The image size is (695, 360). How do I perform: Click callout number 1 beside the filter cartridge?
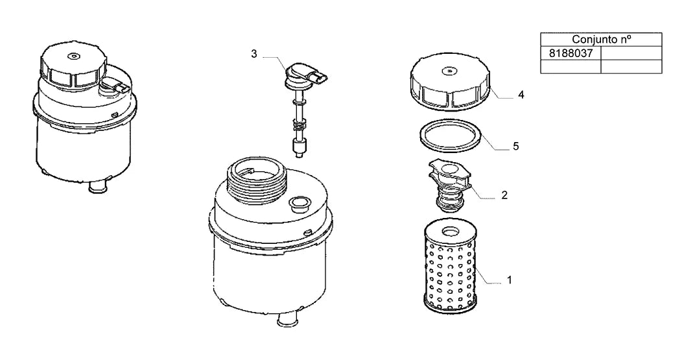(510, 280)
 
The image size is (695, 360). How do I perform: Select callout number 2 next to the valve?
(504, 195)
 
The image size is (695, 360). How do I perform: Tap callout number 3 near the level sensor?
(254, 54)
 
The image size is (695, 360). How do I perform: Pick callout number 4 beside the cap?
(521, 95)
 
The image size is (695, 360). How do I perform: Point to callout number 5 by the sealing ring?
(516, 147)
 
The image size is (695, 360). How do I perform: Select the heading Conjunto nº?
(602, 39)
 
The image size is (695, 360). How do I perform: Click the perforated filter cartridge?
(451, 269)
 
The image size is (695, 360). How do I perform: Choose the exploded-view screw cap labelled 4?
(450, 84)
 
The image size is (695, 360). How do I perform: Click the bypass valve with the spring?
(449, 187)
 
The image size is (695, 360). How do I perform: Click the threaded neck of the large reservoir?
(257, 180)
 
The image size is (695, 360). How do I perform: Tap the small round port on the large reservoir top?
(299, 203)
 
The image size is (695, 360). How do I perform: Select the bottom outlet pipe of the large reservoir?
(287, 319)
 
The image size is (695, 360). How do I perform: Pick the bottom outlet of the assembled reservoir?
(99, 186)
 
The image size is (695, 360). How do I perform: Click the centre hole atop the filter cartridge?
(451, 231)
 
